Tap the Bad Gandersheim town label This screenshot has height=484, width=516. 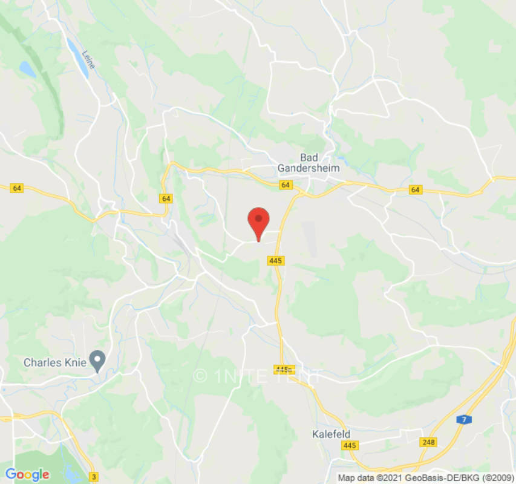tap(309, 162)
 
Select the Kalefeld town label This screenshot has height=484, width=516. tap(331, 434)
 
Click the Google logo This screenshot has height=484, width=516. tap(27, 475)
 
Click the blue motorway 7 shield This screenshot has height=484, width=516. tap(464, 419)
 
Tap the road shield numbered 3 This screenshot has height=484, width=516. tap(93, 476)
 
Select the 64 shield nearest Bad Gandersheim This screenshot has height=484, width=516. tap(286, 185)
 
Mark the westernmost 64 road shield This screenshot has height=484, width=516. tap(17, 188)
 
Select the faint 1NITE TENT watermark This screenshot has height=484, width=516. tap(257, 376)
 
